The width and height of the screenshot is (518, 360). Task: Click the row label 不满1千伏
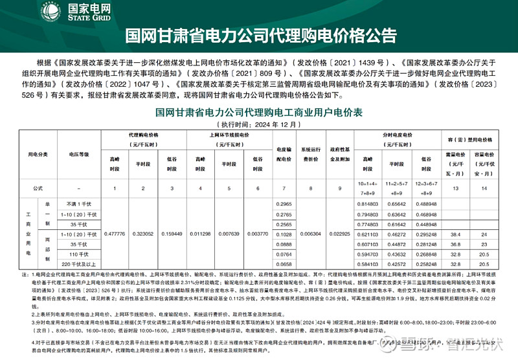[x=79, y=204]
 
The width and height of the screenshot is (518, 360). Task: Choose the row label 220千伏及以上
[x=79, y=264]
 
